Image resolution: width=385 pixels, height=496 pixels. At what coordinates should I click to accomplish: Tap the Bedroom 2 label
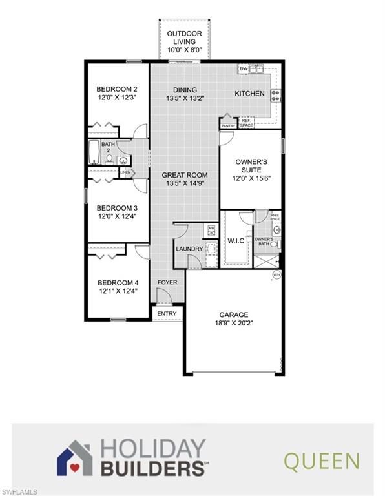click(x=117, y=89)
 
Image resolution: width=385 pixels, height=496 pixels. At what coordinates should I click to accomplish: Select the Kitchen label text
click(x=249, y=94)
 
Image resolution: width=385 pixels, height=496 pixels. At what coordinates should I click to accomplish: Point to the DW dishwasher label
click(x=244, y=68)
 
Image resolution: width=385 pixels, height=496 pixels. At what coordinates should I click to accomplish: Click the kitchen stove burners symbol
click(x=275, y=96)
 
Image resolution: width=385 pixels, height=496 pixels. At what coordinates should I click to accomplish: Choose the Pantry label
click(x=229, y=126)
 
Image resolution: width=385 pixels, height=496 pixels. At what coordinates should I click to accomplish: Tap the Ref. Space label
click(x=246, y=122)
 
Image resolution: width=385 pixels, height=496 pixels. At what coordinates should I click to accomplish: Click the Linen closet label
click(x=125, y=173)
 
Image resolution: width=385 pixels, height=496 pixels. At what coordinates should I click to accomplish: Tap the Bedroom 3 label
click(x=117, y=208)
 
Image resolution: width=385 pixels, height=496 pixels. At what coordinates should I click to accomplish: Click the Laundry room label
click(x=189, y=249)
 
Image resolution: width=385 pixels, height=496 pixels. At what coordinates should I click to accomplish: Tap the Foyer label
click(x=167, y=282)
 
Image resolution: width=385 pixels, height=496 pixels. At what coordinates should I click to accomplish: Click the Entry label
click(x=167, y=314)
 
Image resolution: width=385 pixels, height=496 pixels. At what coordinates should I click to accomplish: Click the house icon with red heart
click(x=75, y=457)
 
